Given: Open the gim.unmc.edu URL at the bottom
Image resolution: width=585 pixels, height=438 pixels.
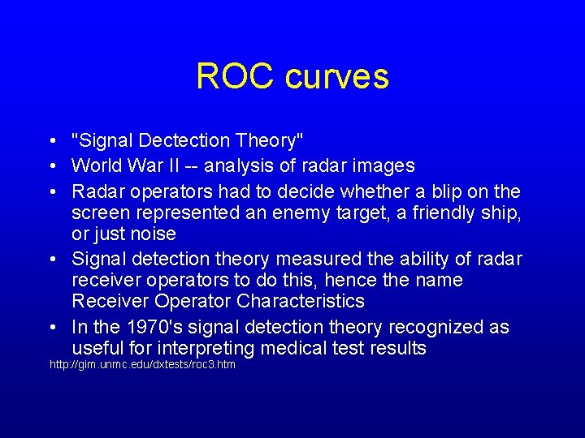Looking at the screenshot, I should [x=142, y=365].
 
